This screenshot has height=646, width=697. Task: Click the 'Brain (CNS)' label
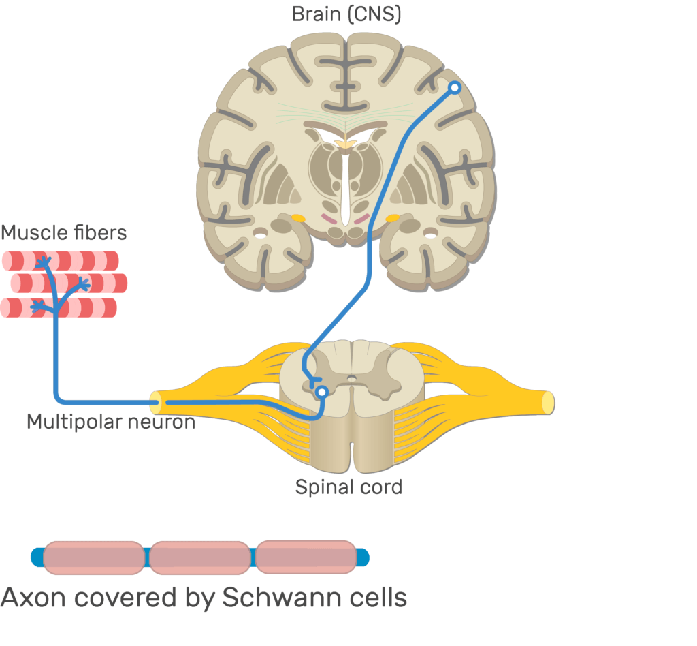click(x=346, y=14)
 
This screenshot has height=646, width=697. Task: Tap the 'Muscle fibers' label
click(x=63, y=233)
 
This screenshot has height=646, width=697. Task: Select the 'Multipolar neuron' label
click(x=111, y=422)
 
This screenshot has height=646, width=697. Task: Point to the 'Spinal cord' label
click(x=348, y=487)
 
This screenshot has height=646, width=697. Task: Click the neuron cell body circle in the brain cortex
click(x=454, y=87)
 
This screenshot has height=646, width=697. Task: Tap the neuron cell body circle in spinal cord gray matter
click(x=321, y=391)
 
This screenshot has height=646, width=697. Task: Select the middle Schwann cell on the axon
click(x=200, y=557)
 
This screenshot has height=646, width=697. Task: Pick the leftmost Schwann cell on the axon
click(x=94, y=557)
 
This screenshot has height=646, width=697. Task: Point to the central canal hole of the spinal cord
click(x=351, y=378)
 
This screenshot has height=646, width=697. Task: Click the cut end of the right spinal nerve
click(x=547, y=402)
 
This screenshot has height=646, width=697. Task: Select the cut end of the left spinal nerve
click(x=156, y=402)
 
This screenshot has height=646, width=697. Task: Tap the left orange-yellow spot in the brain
click(x=298, y=219)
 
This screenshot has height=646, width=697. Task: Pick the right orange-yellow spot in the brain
click(x=392, y=219)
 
